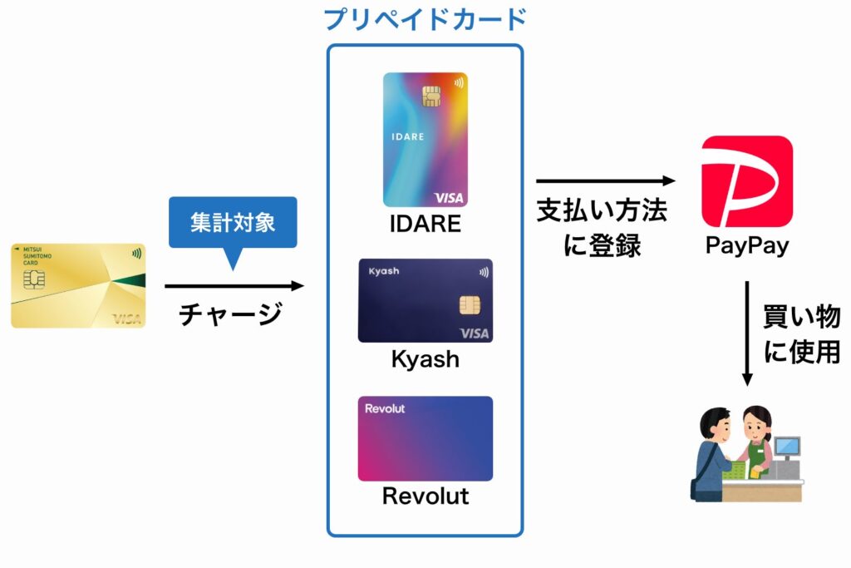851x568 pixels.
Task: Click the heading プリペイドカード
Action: [x=425, y=19]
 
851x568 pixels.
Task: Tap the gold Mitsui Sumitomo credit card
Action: [x=78, y=285]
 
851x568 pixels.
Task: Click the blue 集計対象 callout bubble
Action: [x=232, y=223]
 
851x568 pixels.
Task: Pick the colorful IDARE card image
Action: [x=425, y=139]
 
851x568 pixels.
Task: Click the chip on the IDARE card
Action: [x=430, y=97]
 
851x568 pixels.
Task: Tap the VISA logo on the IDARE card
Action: [x=447, y=197]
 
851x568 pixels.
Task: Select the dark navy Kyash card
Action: [x=425, y=300]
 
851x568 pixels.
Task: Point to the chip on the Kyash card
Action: [x=469, y=305]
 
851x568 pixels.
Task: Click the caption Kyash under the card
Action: [x=425, y=359]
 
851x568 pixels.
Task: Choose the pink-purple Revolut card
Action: [x=425, y=438]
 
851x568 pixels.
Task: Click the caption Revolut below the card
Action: [x=425, y=496]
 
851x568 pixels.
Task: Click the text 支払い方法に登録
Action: [x=602, y=229]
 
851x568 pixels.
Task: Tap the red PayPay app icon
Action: [x=746, y=181]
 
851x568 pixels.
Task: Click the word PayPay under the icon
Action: [x=746, y=246]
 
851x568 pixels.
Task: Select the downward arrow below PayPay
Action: [x=747, y=333]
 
